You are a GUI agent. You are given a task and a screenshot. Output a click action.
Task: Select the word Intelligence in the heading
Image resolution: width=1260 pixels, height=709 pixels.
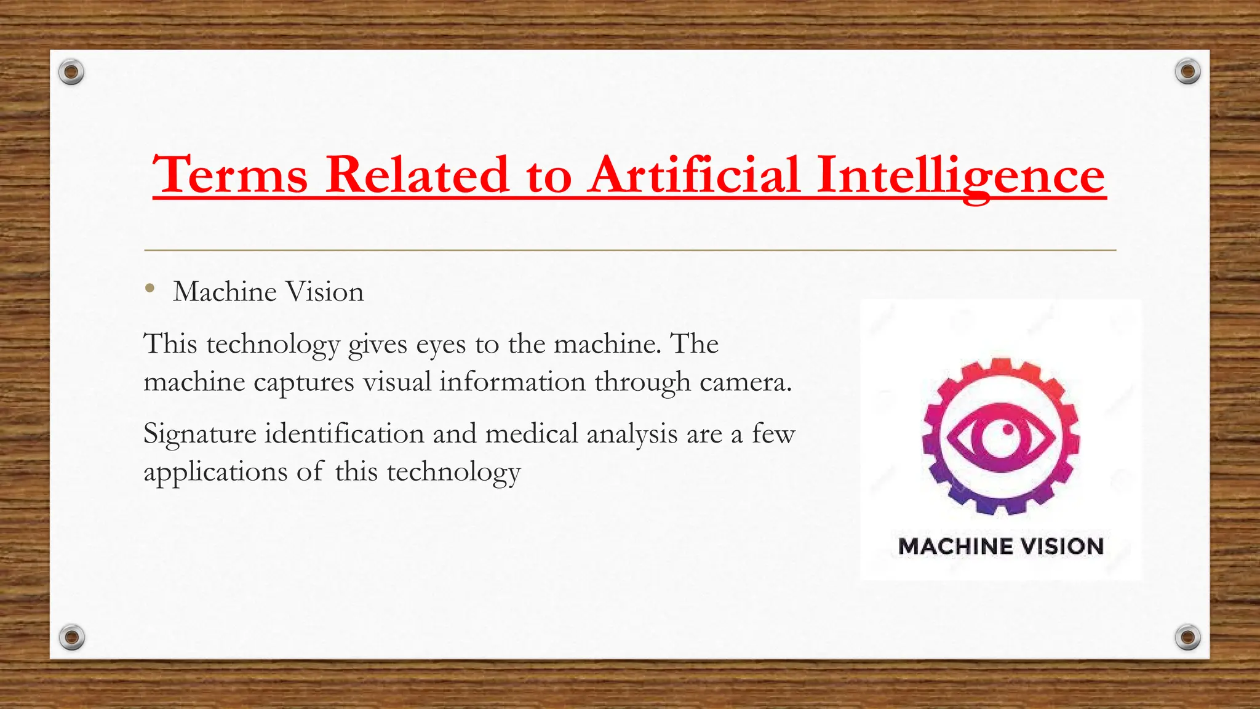961,175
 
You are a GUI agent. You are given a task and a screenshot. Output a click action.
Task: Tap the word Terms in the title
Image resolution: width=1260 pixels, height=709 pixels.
230,175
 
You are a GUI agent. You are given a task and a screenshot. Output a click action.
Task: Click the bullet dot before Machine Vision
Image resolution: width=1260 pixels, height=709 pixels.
150,288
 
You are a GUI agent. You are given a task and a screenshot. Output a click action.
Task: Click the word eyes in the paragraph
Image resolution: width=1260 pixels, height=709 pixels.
441,344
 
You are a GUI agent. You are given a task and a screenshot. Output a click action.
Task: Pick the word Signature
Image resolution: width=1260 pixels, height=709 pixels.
199,435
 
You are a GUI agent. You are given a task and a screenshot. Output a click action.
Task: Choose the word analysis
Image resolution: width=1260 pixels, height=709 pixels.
632,435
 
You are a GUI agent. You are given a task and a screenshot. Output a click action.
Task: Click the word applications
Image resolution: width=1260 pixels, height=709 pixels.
215,473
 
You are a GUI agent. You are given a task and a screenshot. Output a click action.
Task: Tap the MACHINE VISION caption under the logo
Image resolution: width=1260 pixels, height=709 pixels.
1001,547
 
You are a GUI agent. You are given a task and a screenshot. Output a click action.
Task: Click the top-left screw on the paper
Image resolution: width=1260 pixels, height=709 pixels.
71,73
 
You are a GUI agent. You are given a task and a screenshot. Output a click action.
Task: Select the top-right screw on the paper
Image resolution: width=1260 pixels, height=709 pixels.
1187,72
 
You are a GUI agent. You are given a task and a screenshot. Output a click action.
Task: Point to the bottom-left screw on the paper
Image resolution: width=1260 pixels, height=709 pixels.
71,637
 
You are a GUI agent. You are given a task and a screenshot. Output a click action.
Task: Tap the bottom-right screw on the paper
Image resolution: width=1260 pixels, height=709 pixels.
1187,637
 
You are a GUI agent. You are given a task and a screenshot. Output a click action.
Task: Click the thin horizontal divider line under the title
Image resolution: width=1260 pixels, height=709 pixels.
630,250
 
